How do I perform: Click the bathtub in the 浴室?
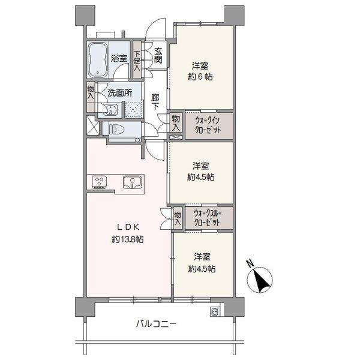tap(98, 60)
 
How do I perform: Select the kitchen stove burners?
tap(99, 182)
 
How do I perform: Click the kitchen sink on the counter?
tap(132, 182)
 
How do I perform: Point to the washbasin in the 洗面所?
tap(110, 109)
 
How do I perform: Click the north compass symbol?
tap(260, 280)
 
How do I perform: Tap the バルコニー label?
tap(157, 325)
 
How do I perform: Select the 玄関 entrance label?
tap(158, 55)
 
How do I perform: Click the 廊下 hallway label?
tap(155, 102)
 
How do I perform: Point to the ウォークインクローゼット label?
tap(208, 125)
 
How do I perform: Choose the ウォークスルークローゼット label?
tap(208, 218)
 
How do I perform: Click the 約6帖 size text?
tap(200, 76)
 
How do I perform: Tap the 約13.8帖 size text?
tap(128, 239)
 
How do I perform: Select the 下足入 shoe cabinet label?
tap(137, 61)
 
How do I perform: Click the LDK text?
tap(128, 227)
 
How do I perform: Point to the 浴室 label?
tap(119, 58)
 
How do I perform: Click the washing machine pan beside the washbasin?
tap(133, 110)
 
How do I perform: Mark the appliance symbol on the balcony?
tap(215, 312)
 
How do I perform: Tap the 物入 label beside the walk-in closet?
tap(176, 123)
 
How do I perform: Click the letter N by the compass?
tap(250, 263)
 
